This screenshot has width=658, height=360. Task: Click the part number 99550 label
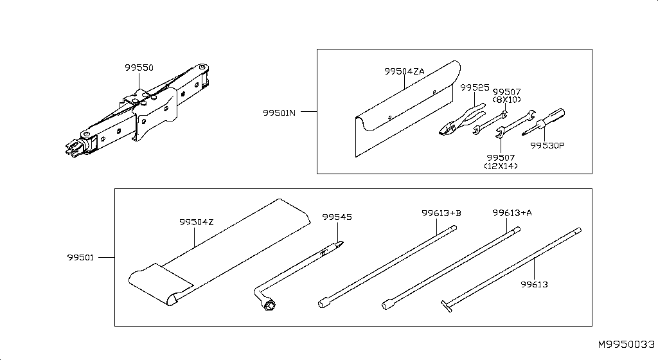coord(139,67)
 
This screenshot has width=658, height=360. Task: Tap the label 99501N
coord(279,113)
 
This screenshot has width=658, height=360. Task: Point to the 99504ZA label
coord(404,71)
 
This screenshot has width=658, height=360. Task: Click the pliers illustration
coord(459,119)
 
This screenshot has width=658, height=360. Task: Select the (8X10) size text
coord(506,100)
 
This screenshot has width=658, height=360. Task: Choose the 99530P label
coord(547,145)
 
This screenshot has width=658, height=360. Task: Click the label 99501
coord(81,258)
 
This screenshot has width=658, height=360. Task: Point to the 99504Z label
coord(196,222)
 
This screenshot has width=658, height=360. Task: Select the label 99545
coord(337,217)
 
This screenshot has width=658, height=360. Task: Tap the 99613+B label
coord(441,212)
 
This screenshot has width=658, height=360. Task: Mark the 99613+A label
coord(512,212)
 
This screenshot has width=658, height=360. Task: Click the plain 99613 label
coord(535,283)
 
